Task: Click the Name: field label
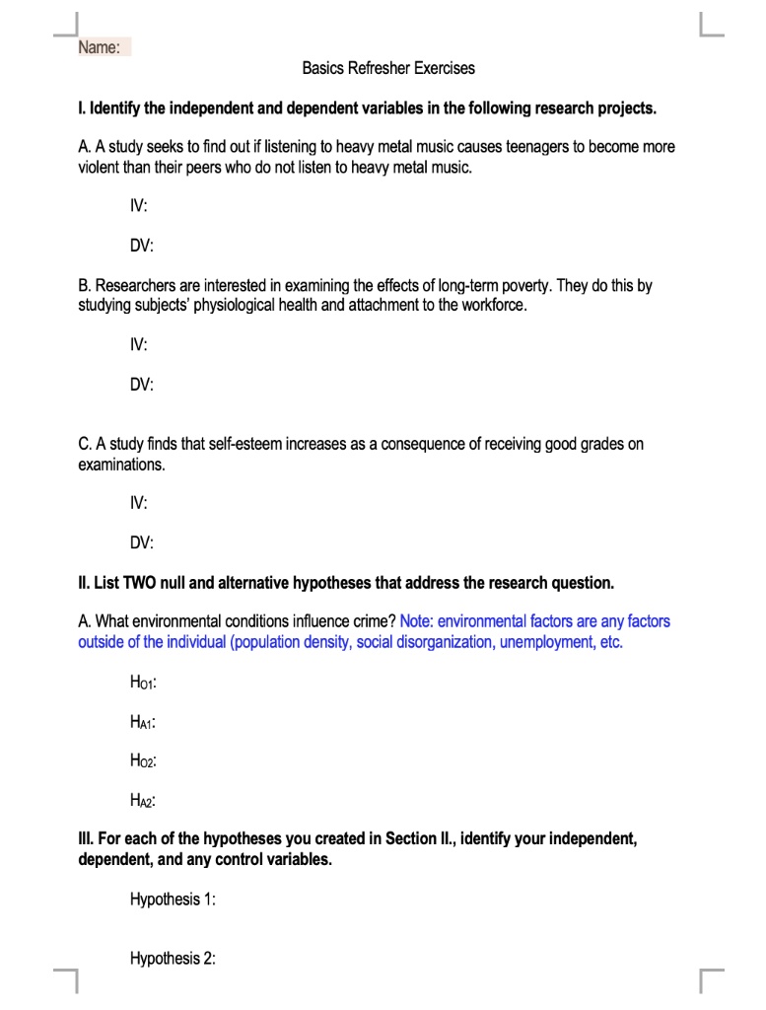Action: (x=100, y=48)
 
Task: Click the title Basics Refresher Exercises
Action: (x=388, y=68)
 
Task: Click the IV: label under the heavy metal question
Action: (x=139, y=207)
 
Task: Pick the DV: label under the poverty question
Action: (x=142, y=386)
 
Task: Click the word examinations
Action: (x=121, y=464)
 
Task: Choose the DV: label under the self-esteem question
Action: (x=142, y=542)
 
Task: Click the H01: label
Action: (x=143, y=683)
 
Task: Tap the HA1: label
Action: (x=143, y=722)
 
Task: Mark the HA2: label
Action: (x=143, y=801)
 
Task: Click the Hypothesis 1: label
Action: (x=173, y=900)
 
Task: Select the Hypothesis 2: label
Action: (x=173, y=959)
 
